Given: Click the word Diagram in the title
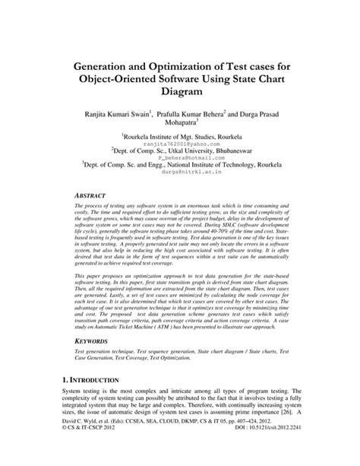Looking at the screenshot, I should coord(179,92).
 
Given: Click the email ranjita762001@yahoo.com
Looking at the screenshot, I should coord(180,142).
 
